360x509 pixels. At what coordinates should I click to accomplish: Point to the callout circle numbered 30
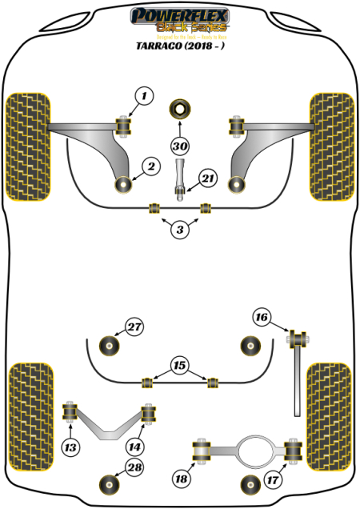[x=180, y=146]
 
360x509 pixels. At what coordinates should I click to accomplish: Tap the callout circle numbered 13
[x=73, y=447]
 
